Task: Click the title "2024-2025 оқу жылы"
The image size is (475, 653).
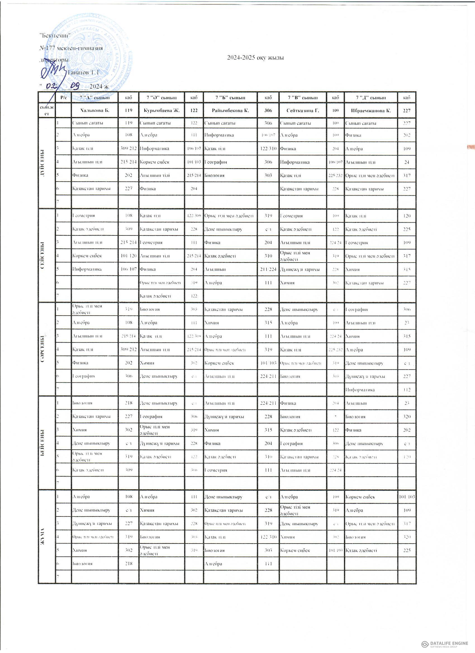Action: click(x=255, y=58)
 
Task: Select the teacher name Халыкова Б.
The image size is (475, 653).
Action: click(x=94, y=111)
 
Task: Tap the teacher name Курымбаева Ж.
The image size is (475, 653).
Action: click(x=161, y=111)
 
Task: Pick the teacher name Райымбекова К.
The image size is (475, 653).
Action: click(x=230, y=111)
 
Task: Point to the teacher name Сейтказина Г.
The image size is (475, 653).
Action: click(x=303, y=111)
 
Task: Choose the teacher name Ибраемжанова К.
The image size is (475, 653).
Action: click(x=371, y=111)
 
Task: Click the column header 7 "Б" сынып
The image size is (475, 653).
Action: click(x=230, y=97)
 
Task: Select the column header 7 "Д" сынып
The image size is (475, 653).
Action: click(x=371, y=97)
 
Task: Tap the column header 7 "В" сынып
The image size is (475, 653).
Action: click(x=303, y=97)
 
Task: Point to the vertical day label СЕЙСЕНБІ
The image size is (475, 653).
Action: click(x=43, y=255)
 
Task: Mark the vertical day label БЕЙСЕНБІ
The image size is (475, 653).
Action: click(x=43, y=443)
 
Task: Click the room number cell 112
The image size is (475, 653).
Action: click(x=407, y=390)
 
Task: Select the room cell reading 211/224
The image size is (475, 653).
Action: click(x=268, y=270)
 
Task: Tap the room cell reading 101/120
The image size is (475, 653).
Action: click(x=128, y=256)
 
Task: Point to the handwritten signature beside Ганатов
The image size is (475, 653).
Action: click(x=53, y=72)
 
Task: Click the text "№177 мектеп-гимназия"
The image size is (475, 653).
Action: click(x=71, y=48)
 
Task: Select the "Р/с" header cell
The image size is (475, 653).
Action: click(x=63, y=97)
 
